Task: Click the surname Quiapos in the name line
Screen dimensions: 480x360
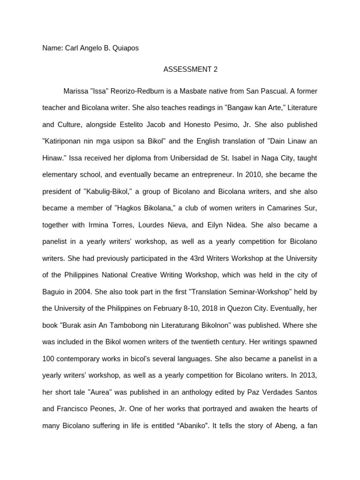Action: coord(126,48)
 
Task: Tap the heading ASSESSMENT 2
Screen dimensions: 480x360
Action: coord(190,69)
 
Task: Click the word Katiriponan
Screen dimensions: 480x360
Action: coord(63,141)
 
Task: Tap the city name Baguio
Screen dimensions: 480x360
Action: coord(53,292)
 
